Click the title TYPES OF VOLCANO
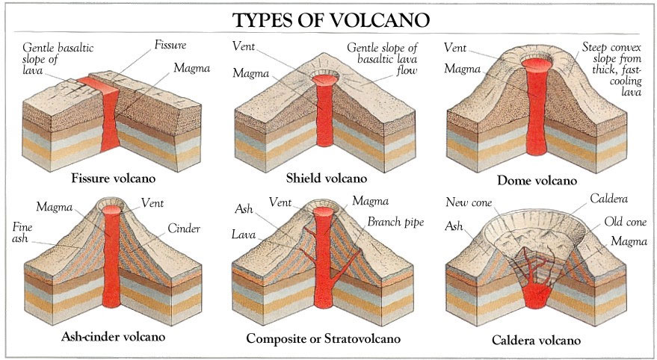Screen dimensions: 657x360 tap(331, 19)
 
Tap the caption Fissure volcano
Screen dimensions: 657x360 tap(113, 179)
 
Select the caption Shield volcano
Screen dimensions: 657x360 tap(327, 179)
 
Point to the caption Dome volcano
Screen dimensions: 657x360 tap(537, 181)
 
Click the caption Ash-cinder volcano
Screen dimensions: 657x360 tap(113, 337)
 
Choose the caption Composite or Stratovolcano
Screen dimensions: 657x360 tap(323, 338)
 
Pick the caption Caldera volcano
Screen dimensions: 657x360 tap(537, 340)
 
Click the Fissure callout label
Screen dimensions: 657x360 tap(170, 45)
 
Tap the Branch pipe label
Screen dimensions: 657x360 tap(395, 222)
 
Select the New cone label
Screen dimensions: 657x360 tap(469, 202)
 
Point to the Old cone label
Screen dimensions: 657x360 tap(625, 221)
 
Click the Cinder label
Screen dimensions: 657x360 tap(184, 229)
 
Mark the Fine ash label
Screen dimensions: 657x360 tap(22, 233)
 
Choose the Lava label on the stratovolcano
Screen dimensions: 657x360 tap(244, 235)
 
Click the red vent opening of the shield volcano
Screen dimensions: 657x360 tap(325, 79)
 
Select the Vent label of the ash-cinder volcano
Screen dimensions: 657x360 tap(152, 203)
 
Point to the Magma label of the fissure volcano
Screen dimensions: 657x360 tap(192, 68)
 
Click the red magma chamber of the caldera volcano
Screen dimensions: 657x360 tap(534, 295)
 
